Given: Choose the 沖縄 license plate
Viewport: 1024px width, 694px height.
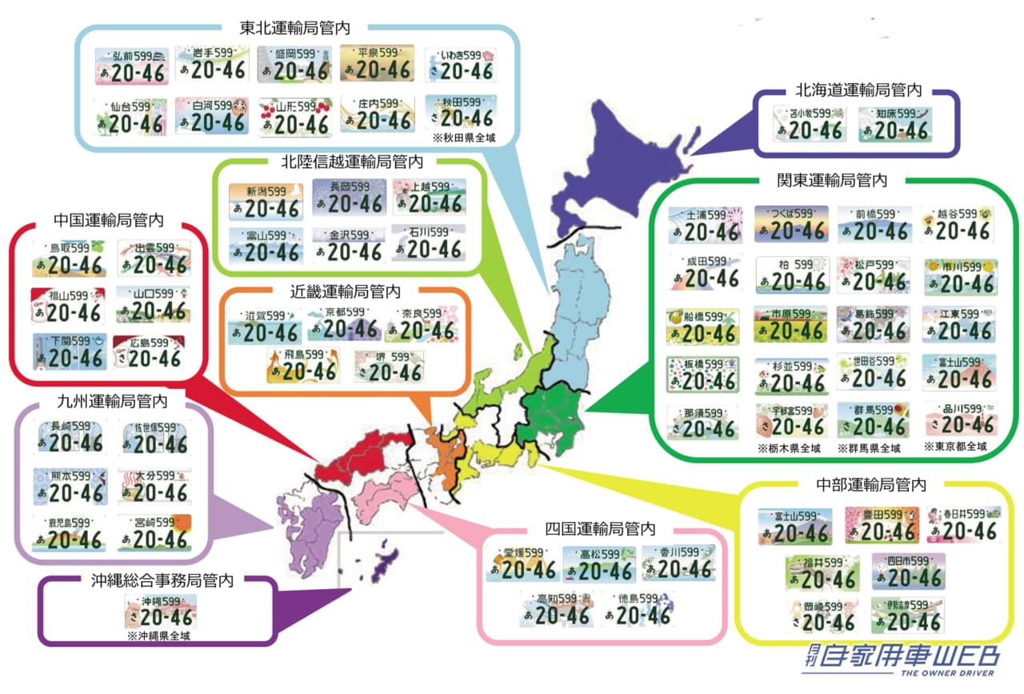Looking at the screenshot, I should tap(161, 611).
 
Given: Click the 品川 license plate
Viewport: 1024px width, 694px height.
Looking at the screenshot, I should tap(962, 419).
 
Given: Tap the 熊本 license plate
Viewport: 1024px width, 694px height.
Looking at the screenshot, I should tap(69, 486).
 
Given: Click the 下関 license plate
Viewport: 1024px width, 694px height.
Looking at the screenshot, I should tap(69, 351).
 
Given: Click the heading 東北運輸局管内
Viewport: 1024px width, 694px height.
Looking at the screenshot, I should tap(294, 27).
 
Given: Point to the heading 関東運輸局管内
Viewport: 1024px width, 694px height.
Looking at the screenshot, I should tap(832, 180).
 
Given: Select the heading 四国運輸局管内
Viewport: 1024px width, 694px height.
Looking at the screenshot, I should tap(600, 529).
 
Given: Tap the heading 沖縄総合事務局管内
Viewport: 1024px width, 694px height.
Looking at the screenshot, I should tap(162, 580).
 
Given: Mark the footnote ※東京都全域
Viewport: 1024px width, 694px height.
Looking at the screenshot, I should tap(954, 447).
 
